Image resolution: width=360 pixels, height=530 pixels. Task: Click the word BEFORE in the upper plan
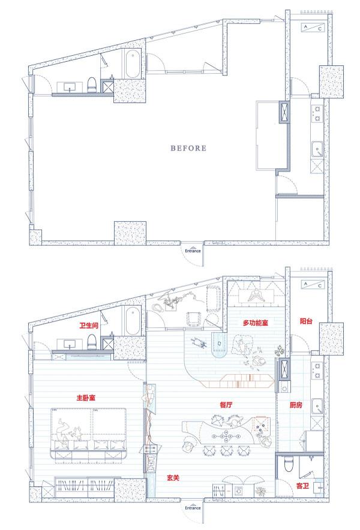click(x=188, y=148)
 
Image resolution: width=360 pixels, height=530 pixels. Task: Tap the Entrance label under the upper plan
click(x=193, y=251)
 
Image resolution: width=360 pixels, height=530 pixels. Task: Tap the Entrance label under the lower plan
click(x=193, y=508)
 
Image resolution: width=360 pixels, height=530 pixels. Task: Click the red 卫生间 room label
click(x=89, y=326)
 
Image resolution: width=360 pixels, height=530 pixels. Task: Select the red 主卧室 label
click(x=86, y=397)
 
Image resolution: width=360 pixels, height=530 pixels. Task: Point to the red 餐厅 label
click(x=226, y=405)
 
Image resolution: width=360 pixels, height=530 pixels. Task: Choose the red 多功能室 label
click(x=256, y=323)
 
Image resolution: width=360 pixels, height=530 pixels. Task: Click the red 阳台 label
click(x=306, y=321)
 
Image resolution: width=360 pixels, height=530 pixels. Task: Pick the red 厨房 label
click(x=296, y=405)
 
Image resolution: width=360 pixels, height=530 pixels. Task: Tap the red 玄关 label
click(x=173, y=478)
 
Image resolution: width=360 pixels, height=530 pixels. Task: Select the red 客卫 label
click(x=302, y=486)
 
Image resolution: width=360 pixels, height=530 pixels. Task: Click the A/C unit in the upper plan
click(x=313, y=28)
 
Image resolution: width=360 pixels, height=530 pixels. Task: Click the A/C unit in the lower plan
click(x=313, y=285)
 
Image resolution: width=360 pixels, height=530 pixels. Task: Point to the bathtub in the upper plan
click(x=132, y=64)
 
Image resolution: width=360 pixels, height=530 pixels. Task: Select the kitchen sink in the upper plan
click(x=317, y=149)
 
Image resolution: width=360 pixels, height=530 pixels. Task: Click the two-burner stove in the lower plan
click(x=317, y=370)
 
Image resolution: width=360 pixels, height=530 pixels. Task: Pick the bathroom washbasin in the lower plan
click(x=70, y=344)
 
